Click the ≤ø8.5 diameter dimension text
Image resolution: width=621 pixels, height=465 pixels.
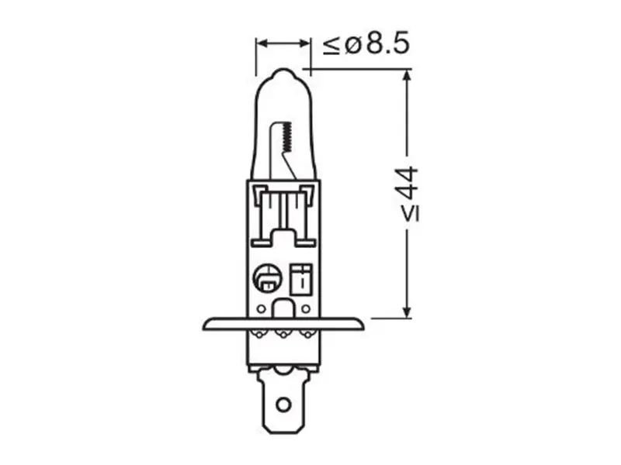(366, 43)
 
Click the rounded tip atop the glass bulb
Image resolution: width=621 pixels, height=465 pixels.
(283, 74)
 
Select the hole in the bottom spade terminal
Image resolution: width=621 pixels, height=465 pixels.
(283, 404)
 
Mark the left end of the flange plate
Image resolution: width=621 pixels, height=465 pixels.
(203, 325)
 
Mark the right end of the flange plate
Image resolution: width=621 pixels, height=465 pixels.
(363, 325)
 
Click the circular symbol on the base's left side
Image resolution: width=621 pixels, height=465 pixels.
(266, 278)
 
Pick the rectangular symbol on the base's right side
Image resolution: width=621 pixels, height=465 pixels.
(301, 279)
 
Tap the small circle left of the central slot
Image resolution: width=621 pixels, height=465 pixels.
(261, 308)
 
